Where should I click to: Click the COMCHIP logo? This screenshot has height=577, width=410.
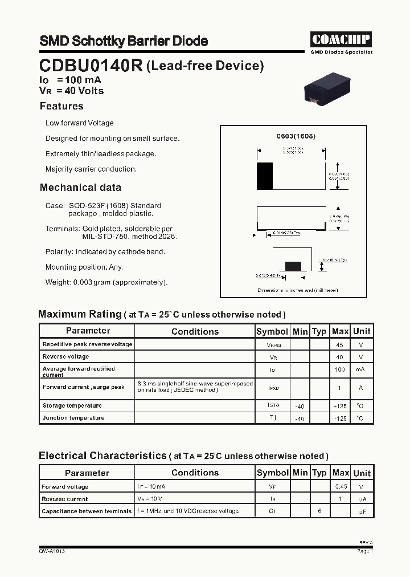click(341, 39)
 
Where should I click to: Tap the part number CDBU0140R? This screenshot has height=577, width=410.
click(91, 66)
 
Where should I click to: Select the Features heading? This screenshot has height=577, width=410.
click(61, 106)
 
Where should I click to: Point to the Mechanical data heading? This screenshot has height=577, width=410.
click(80, 188)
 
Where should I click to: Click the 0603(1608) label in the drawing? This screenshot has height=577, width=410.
click(296, 136)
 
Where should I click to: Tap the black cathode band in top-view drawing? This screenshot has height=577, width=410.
click(265, 176)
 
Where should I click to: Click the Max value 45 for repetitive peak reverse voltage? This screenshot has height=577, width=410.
click(340, 345)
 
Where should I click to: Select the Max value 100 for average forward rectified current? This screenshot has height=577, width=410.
click(340, 370)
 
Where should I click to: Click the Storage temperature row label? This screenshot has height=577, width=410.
click(72, 406)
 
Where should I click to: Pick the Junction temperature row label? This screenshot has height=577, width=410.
click(73, 418)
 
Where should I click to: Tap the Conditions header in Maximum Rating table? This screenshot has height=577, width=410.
click(195, 331)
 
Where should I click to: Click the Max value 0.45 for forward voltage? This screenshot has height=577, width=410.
click(341, 487)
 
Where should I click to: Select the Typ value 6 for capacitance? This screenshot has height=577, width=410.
click(319, 511)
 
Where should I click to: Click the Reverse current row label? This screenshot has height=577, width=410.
click(64, 499)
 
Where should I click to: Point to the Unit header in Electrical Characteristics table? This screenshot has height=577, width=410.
click(362, 473)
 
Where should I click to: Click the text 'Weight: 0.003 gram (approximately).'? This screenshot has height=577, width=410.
click(106, 282)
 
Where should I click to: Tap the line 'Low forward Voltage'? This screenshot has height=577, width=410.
click(79, 123)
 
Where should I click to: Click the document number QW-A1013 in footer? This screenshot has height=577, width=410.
click(51, 551)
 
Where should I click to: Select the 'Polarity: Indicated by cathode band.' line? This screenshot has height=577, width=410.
click(105, 251)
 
